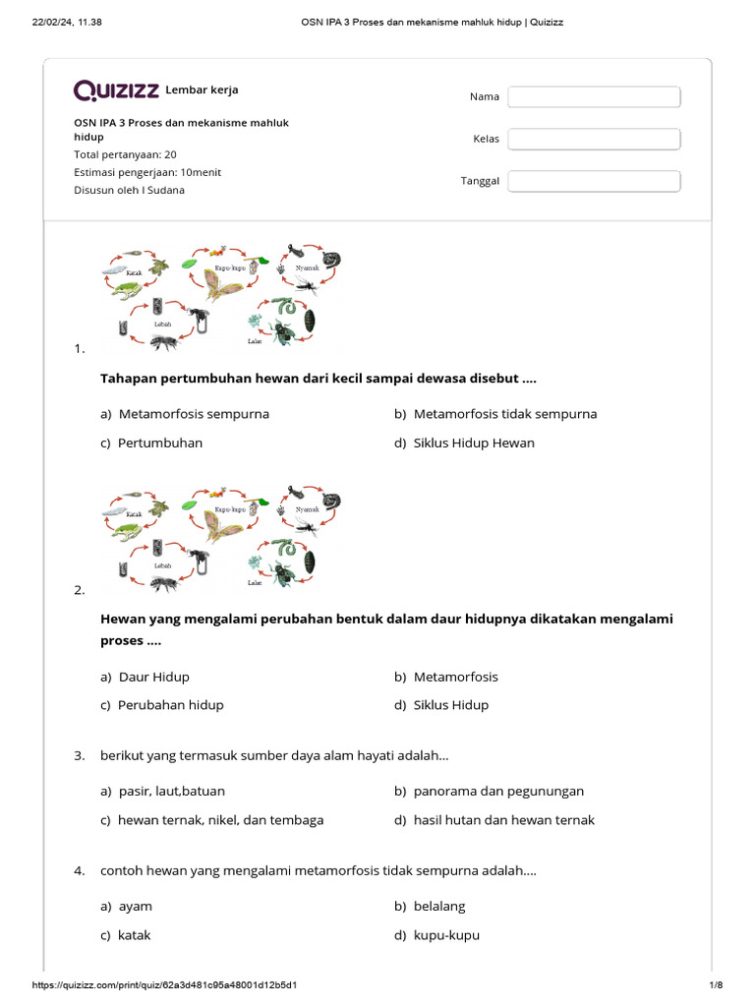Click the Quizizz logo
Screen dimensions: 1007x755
coord(116,90)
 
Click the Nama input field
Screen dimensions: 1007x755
coord(594,96)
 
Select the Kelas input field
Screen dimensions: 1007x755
coord(594,139)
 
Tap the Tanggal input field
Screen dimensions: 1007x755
coord(594,181)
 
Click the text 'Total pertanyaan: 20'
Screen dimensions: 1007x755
coord(125,154)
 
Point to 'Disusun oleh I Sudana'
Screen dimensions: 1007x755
coord(129,190)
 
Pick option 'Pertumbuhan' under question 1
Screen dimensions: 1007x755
coord(159,443)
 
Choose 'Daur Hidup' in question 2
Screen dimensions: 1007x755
coord(153,677)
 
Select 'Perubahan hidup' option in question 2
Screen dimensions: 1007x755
coord(170,705)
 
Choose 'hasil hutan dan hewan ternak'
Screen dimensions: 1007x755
coord(503,820)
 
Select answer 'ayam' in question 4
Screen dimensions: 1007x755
coord(135,906)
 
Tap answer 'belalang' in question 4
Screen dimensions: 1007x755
coord(439,906)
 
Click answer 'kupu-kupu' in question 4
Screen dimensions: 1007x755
coord(446,935)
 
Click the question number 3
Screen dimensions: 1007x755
coord(79,756)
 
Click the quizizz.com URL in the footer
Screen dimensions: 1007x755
coord(165,985)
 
